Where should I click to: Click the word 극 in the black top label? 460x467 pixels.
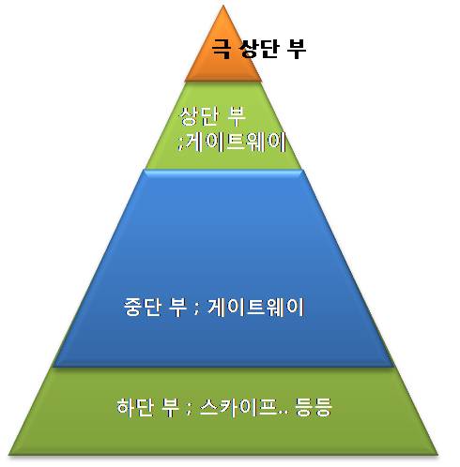coord(222,49)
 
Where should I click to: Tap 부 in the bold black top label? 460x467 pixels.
coord(297,49)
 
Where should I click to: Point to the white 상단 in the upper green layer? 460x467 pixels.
coord(199,116)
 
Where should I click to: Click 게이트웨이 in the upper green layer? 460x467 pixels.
coord(235,142)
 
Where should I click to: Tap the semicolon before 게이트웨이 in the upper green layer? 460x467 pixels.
coord(179,146)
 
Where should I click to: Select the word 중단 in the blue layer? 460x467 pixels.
coord(143,307)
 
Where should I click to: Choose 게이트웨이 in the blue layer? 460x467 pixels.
coord(256,307)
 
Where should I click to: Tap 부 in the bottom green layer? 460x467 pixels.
coord(172,407)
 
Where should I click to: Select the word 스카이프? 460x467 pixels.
coord(238,407)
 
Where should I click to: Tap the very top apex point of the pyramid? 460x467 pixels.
coord(223,6)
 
